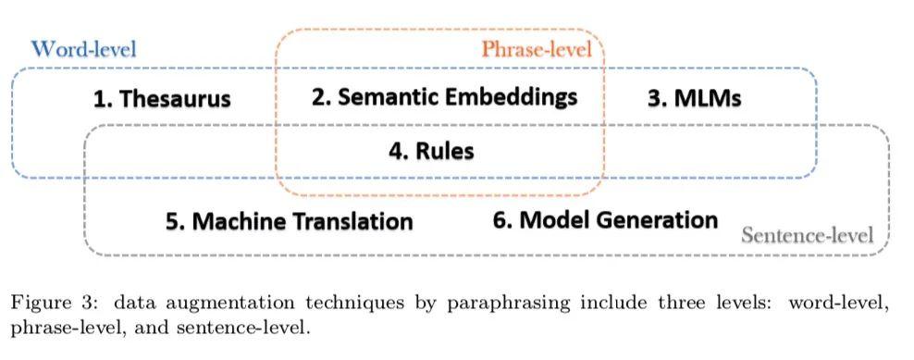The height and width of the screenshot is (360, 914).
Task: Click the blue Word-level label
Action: point(84,49)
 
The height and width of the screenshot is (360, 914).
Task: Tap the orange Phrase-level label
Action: point(536,49)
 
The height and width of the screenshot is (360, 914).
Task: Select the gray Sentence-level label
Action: point(807,234)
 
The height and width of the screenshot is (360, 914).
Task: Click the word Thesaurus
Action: point(175,99)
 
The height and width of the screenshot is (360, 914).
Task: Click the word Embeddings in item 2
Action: point(513,97)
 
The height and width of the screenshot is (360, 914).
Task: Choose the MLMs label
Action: point(707,98)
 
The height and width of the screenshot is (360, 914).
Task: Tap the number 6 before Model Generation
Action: point(500,220)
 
